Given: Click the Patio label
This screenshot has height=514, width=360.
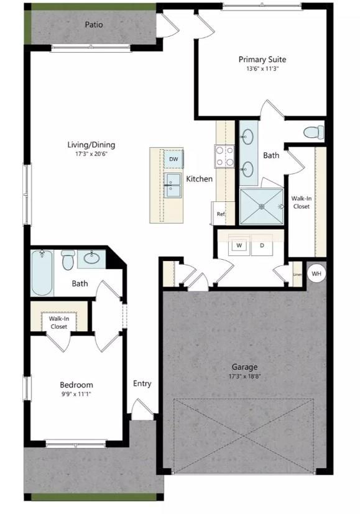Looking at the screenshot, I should tap(95, 25).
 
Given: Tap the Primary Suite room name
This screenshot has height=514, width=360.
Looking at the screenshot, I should tap(262, 60).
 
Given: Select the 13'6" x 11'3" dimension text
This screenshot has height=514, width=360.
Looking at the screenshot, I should tap(262, 69).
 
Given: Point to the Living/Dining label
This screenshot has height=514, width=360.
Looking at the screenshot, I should tap(91, 145).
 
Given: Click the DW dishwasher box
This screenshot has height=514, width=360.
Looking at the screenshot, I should tap(173, 160).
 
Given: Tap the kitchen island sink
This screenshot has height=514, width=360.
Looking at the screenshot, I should tap(172, 185).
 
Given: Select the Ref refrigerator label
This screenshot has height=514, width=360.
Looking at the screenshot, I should tap(220, 214).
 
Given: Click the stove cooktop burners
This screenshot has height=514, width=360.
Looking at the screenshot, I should tap(224, 155).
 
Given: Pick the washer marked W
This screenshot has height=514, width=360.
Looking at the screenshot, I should tap(239, 246).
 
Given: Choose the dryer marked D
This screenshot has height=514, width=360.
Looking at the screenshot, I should tap(262, 246).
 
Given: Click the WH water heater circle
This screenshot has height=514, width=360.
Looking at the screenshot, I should tap(316, 273).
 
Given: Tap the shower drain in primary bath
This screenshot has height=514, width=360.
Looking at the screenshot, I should tap(262, 206).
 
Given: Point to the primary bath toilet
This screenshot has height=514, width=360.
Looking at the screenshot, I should tap(313, 132).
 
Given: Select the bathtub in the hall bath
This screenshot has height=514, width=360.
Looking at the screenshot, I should tap(43, 272).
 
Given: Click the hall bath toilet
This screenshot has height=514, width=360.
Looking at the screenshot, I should tap(68, 260).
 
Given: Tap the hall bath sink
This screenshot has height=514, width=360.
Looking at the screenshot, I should tap(95, 257).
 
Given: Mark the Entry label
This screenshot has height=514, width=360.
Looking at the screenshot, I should tap(142, 383).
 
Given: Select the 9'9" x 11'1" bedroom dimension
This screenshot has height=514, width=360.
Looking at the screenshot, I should tap(76, 394).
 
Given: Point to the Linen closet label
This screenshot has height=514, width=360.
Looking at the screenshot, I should tap(297, 274).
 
